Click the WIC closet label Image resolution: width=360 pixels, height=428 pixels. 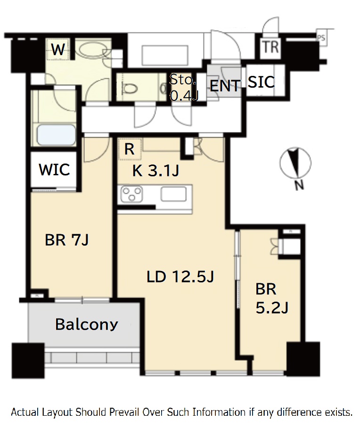pyautogui.click(x=54, y=170)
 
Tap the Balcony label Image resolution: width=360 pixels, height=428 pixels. pyautogui.click(x=87, y=324)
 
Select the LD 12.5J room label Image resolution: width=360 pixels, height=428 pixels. pyautogui.click(x=180, y=276)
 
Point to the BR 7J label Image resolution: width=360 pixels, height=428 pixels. pyautogui.click(x=66, y=240)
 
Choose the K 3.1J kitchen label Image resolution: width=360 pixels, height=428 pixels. pyautogui.click(x=155, y=171)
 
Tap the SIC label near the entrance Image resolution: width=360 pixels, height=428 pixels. pyautogui.click(x=261, y=82)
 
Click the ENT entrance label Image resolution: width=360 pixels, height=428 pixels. pyautogui.click(x=225, y=86)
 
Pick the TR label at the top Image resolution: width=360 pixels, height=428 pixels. pyautogui.click(x=270, y=47)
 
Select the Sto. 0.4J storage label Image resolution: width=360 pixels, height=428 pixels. pyautogui.click(x=183, y=87)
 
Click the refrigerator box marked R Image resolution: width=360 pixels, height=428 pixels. pyautogui.click(x=130, y=149)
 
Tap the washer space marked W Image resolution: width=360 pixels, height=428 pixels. pyautogui.click(x=58, y=49)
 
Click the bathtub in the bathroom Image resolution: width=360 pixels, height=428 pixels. pyautogui.click(x=56, y=135)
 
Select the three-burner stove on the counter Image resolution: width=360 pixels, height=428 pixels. pyautogui.click(x=131, y=194)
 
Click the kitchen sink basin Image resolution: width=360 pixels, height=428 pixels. pyautogui.click(x=173, y=194)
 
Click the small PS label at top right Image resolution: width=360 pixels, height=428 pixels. pyautogui.click(x=321, y=38)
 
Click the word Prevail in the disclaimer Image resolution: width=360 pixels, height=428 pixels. pyautogui.click(x=124, y=412)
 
